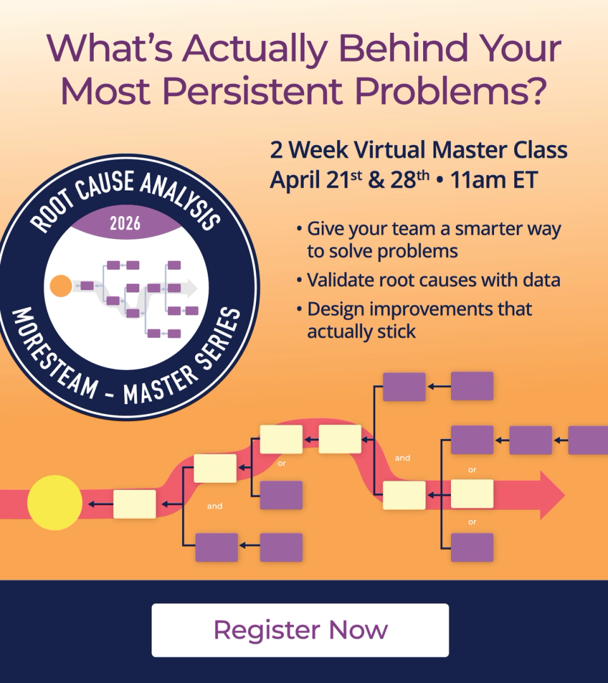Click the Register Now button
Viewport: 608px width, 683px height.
pyautogui.click(x=300, y=630)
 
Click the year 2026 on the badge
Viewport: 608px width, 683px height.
pyautogui.click(x=125, y=223)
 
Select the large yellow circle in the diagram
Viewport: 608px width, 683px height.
pyautogui.click(x=54, y=502)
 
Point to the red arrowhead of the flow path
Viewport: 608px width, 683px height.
pyautogui.click(x=550, y=495)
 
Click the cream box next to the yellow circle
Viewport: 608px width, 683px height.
pyautogui.click(x=134, y=504)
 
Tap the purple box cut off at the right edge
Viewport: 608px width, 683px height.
pyautogui.click(x=588, y=440)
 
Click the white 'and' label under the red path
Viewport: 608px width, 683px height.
pyautogui.click(x=215, y=506)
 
